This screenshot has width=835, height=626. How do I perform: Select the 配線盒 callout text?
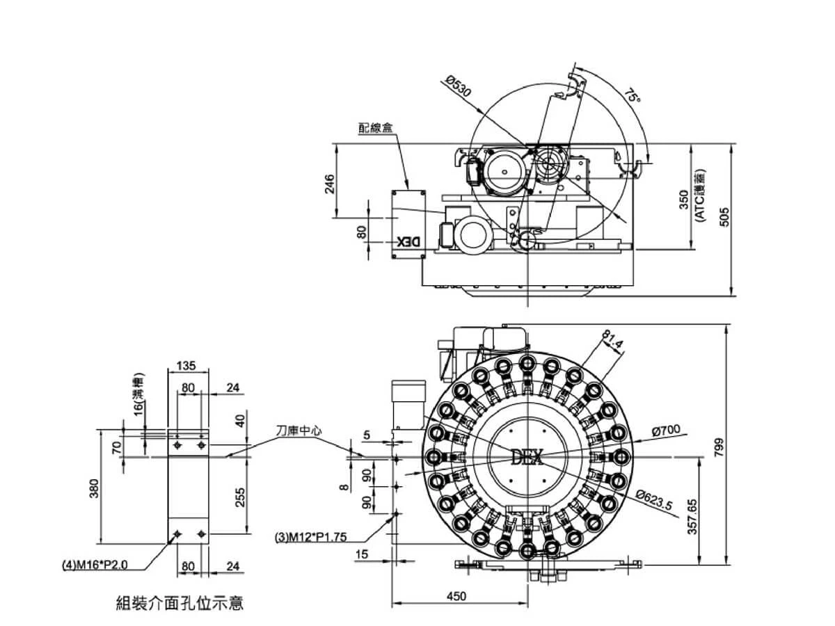(x=376, y=128)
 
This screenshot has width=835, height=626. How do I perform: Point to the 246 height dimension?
(x=331, y=182)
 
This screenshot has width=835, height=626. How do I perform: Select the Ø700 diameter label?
(x=666, y=431)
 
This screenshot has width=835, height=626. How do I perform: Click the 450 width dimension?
(x=456, y=596)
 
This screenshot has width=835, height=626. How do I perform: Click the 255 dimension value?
(x=240, y=497)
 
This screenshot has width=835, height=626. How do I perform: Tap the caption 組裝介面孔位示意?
(x=180, y=602)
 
